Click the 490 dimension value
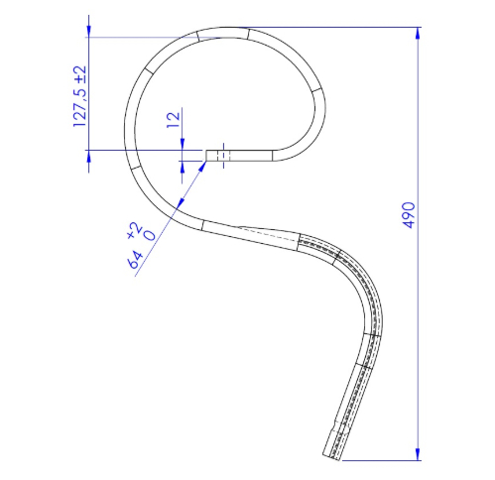tap(409, 215)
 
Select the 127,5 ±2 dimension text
tap(79, 96)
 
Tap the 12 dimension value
tap(174, 120)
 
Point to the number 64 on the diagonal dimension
tap(135, 260)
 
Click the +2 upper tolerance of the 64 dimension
tap(135, 230)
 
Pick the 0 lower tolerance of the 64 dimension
tap(150, 235)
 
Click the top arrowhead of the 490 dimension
tap(418, 33)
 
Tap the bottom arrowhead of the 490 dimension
tap(418, 454)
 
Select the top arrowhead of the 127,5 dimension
tap(88, 31)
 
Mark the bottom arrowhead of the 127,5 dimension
tap(88, 156)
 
